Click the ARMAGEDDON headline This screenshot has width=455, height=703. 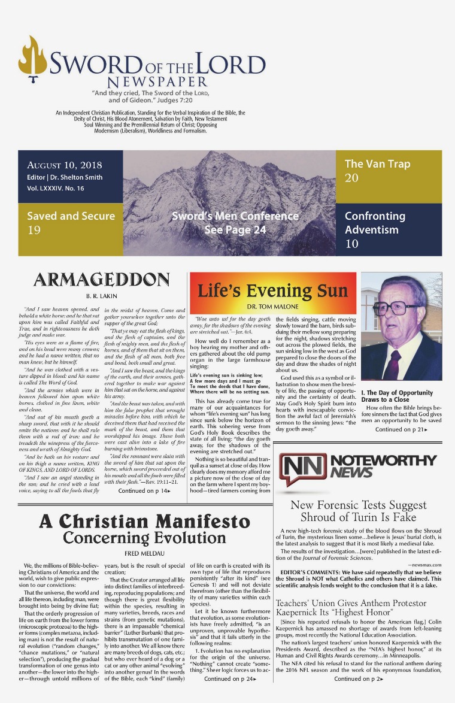tap(101, 280)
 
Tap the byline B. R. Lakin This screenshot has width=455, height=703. tap(101, 295)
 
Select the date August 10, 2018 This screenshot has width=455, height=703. tap(65, 165)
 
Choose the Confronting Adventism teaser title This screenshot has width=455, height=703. tap(375, 222)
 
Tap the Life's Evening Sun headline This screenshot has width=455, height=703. tap(272, 292)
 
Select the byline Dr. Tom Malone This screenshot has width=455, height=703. tap(272, 307)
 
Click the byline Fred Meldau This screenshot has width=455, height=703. tap(143, 554)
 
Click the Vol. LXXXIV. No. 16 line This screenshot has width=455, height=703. tap(55, 188)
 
